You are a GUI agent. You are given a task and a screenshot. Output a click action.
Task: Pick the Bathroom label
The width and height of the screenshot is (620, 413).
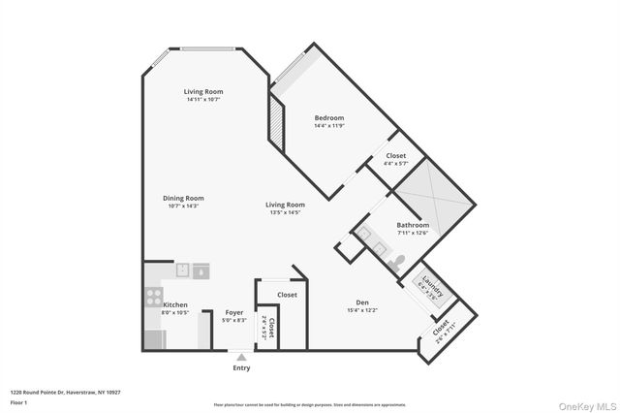(413, 225)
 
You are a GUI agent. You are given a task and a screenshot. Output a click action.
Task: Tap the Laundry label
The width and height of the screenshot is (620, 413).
(431, 288)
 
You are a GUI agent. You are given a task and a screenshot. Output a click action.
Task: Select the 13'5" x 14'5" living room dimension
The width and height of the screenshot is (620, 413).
(286, 212)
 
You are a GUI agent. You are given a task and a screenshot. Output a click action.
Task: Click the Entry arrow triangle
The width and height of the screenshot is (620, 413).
(241, 356)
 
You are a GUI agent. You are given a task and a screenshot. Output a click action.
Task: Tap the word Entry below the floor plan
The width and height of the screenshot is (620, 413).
(241, 367)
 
